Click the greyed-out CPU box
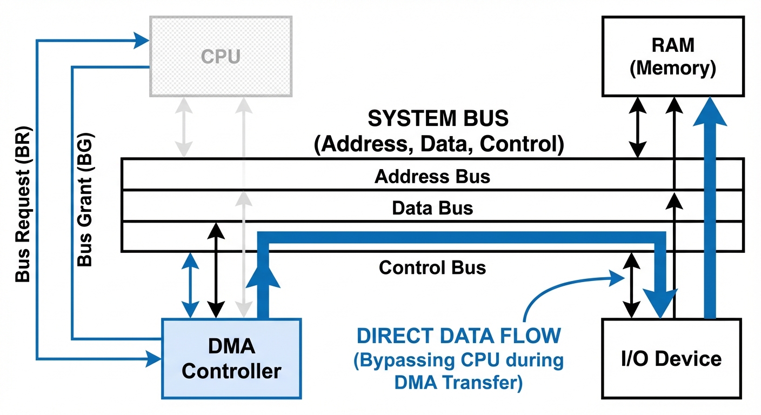(221, 56)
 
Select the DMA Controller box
(231, 358)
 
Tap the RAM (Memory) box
(672, 56)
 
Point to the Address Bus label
(432, 176)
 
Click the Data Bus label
(432, 207)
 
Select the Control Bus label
(432, 267)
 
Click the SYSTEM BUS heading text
(438, 118)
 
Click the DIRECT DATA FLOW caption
(458, 336)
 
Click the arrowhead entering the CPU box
(144, 39)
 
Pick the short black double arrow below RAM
(638, 128)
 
